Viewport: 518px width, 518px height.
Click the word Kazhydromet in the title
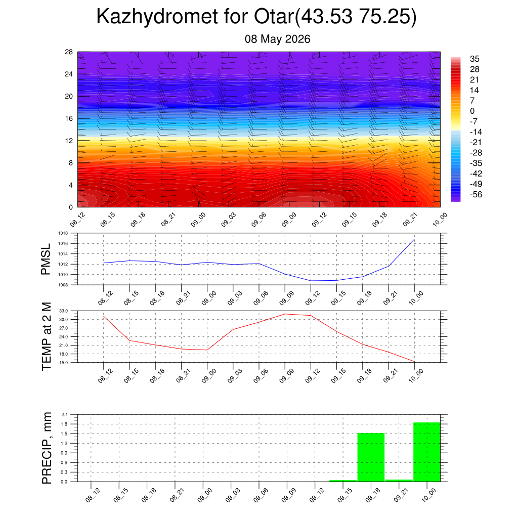(x=157, y=17)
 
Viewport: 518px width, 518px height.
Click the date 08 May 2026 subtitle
(x=278, y=39)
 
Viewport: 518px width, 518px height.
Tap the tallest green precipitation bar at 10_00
(x=427, y=452)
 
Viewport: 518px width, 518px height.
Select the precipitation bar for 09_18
(x=371, y=457)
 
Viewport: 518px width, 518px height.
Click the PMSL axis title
(x=46, y=259)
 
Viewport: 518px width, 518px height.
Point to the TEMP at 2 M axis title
(x=47, y=336)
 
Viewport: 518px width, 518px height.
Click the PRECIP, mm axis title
(x=47, y=448)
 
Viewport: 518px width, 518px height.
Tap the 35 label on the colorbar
(x=474, y=59)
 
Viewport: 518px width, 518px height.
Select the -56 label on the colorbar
(x=476, y=195)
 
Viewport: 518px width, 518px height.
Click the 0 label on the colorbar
(x=472, y=111)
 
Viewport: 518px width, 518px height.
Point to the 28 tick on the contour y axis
(x=69, y=52)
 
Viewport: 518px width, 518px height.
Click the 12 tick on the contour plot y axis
(x=69, y=141)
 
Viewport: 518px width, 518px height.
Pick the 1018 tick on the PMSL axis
(x=63, y=233)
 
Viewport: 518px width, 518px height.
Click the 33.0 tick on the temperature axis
(x=64, y=311)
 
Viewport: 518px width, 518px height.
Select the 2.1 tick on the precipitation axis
(x=64, y=414)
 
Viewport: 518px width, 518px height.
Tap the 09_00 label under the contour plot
(x=198, y=220)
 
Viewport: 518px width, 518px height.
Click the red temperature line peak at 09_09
(x=285, y=314)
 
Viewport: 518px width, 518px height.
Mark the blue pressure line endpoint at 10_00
(x=414, y=239)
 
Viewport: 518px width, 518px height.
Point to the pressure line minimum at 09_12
(x=311, y=281)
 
